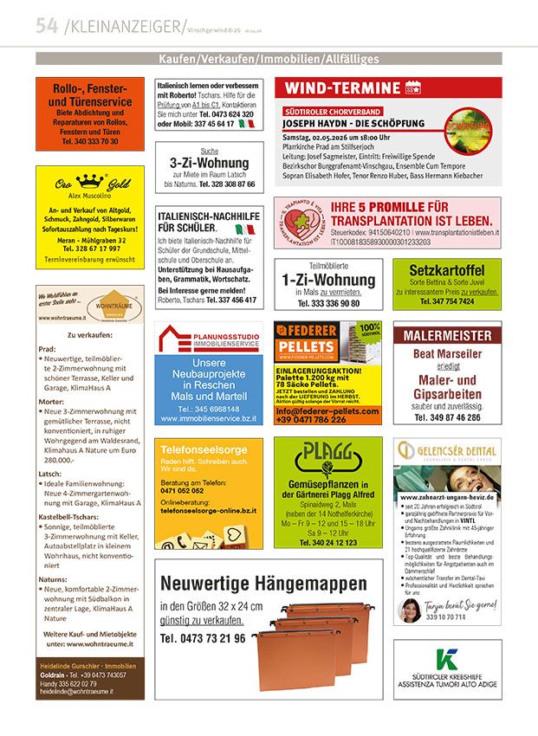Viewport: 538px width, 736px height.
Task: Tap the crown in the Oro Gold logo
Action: tap(90, 181)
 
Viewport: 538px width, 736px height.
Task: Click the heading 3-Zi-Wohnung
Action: tap(209, 163)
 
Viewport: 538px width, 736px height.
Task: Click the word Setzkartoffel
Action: tap(446, 269)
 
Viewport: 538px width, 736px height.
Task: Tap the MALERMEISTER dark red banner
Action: tap(446, 335)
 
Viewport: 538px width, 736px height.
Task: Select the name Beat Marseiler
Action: tap(447, 354)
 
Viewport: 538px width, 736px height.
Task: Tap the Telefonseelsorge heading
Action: tap(197, 451)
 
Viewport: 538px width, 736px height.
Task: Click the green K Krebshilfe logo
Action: tap(447, 657)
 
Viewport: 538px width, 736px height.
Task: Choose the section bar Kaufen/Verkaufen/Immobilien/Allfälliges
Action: tap(269, 59)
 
